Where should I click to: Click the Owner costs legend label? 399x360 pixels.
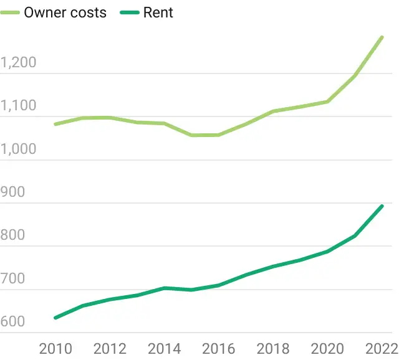(65, 12)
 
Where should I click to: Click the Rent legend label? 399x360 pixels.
(158, 12)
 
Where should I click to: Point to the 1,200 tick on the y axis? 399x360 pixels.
(19, 63)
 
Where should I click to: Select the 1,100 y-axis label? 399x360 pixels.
(19, 106)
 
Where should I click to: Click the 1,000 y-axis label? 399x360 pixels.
(19, 149)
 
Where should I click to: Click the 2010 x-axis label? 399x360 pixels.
(55, 348)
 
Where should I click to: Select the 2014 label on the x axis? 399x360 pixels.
(164, 348)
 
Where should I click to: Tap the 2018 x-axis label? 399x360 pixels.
(273, 348)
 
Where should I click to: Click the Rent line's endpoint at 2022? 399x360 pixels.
(382, 206)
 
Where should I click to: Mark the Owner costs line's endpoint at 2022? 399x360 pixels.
(382, 37)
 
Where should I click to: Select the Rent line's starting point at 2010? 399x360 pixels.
(55, 318)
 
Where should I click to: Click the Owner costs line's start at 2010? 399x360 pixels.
(55, 124)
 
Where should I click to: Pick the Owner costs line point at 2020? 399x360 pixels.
(327, 102)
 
